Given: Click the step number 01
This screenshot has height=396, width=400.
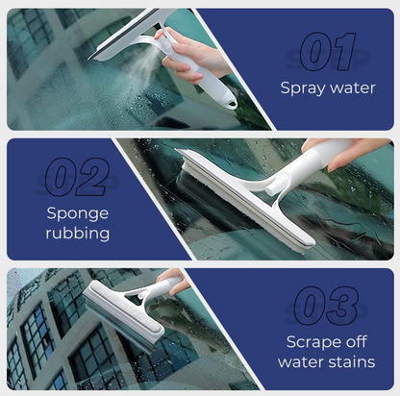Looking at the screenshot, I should click(327, 51).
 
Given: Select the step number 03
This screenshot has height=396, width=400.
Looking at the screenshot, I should click(327, 306).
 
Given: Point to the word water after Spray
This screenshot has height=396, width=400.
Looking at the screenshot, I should click(350, 88).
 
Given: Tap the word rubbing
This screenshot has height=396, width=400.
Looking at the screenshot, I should click(76, 234).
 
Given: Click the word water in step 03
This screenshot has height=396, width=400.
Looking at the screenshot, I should click(303, 362).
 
